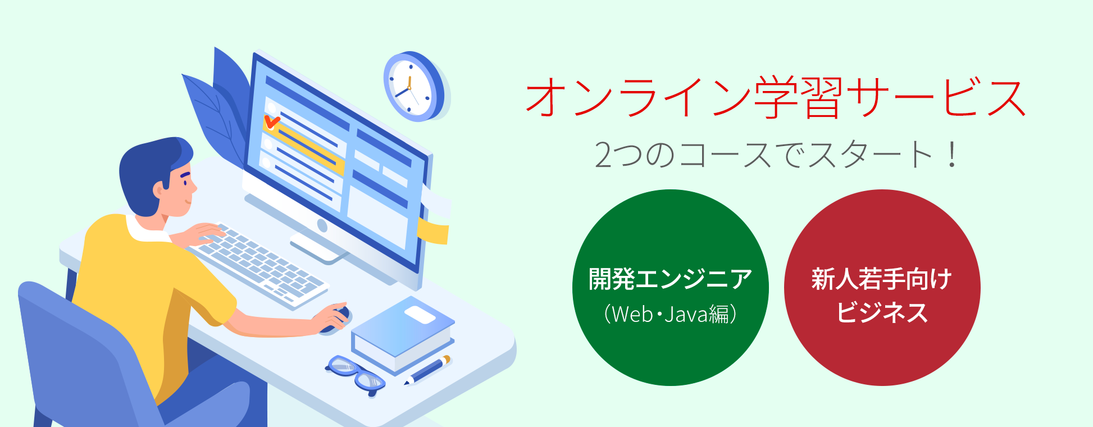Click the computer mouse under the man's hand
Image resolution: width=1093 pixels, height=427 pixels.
tap(336, 319)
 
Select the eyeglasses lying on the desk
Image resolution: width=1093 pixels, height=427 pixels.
tap(355, 374)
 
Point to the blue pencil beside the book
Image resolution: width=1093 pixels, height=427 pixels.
tap(427, 370)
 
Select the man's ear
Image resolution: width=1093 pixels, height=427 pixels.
tap(159, 190)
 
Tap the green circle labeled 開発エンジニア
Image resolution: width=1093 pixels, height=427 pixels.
tap(670, 288)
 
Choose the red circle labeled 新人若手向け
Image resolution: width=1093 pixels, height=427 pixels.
tap(882, 288)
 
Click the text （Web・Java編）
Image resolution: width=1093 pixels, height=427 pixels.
tap(670, 314)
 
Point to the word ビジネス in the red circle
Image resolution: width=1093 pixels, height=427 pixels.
tap(882, 313)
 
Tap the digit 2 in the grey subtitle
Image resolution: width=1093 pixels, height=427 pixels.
tap(604, 155)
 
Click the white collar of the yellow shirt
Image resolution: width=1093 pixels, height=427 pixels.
tap(147, 229)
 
